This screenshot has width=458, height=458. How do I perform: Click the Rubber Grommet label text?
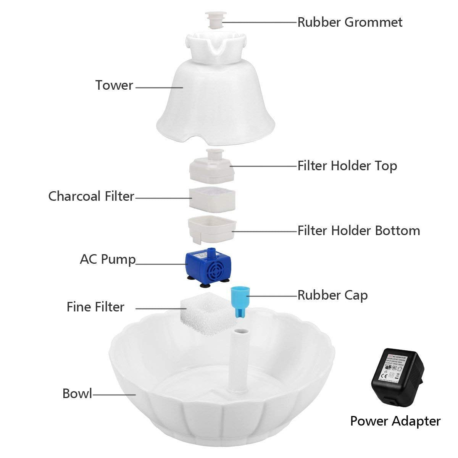tap(350, 22)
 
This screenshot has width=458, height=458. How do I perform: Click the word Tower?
tap(114, 85)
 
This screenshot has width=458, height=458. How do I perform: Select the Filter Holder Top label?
tap(347, 166)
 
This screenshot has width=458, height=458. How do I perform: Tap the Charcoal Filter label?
tap(91, 196)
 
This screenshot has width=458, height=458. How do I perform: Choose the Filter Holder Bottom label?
tap(358, 231)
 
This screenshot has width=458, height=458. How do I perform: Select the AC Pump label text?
tap(108, 260)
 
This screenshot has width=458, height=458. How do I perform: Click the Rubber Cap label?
tap(332, 295)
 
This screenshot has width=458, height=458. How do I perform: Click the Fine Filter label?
tap(95, 307)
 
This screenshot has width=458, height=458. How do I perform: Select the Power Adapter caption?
tap(395, 421)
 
